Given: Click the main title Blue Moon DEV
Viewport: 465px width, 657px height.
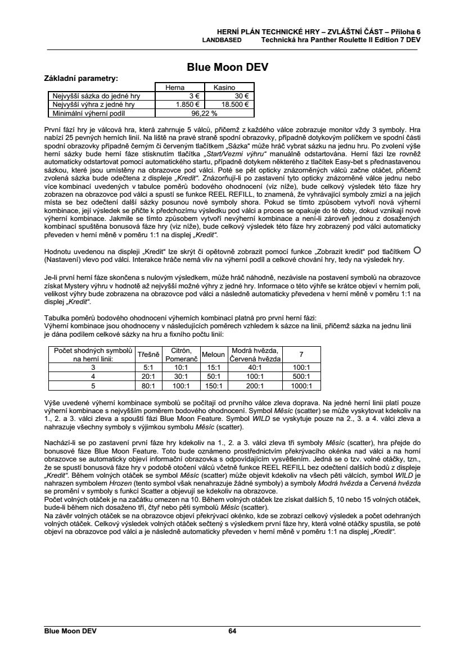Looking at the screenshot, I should pyautogui.click(x=228, y=67).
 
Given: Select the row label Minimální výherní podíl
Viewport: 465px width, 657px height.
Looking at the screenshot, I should pyautogui.click(x=88, y=112).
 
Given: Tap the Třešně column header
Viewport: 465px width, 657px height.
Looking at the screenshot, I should pyautogui.click(x=148, y=354).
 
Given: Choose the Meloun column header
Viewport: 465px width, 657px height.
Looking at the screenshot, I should pyautogui.click(x=213, y=354).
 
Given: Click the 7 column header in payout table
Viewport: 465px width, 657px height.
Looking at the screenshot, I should pyautogui.click(x=301, y=354).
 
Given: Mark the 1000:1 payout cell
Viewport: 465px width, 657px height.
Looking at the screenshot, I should pyautogui.click(x=301, y=386).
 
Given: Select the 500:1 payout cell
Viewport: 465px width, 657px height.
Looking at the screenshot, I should pyautogui.click(x=301, y=377).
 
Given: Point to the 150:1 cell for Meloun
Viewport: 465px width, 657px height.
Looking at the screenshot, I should pyautogui.click(x=213, y=386).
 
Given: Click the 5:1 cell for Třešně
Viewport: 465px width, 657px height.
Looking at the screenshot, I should pyautogui.click(x=148, y=367).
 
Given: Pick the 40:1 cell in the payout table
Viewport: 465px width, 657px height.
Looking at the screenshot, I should pyautogui.click(x=256, y=367).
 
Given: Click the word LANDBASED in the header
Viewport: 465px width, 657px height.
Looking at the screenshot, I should pyautogui.click(x=222, y=40).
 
